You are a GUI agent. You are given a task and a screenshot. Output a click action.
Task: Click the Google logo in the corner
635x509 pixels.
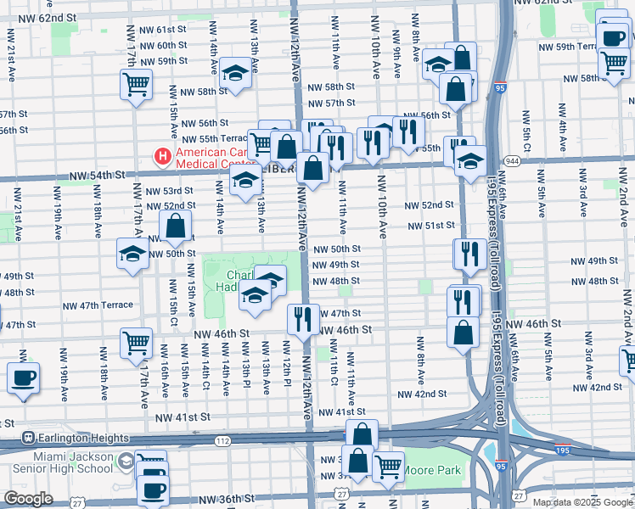point(28,499)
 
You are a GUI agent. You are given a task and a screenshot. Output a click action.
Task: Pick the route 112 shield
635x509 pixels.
point(222,441)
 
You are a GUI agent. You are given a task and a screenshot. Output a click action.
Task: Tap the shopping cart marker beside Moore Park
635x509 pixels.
point(388,467)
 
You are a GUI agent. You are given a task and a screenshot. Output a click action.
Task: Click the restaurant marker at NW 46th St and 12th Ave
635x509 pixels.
point(303,320)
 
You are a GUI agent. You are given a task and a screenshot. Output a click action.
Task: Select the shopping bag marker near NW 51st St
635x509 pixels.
point(176,227)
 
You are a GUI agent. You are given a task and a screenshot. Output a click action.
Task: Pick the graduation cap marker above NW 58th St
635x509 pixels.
point(235,74)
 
